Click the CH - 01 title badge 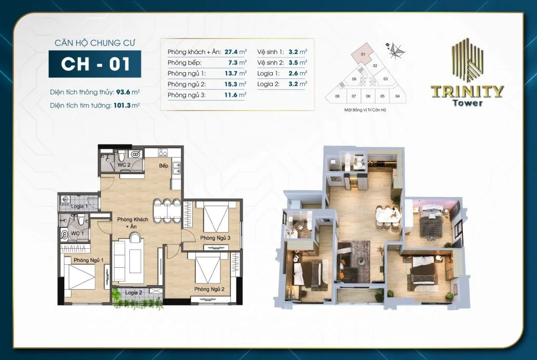95,64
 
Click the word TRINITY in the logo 467,92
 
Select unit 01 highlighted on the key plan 364,55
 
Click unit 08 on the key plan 337,96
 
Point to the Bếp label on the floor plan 164,166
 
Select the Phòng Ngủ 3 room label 215,238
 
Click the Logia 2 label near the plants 133,293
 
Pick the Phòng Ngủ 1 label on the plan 88,260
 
